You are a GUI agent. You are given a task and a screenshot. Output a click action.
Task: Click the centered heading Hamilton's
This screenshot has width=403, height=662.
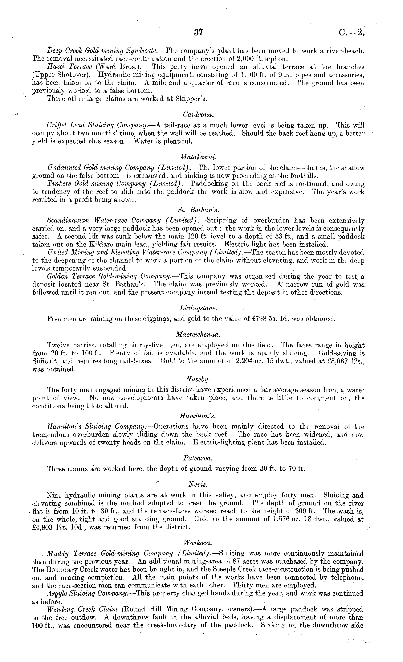[198, 416]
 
